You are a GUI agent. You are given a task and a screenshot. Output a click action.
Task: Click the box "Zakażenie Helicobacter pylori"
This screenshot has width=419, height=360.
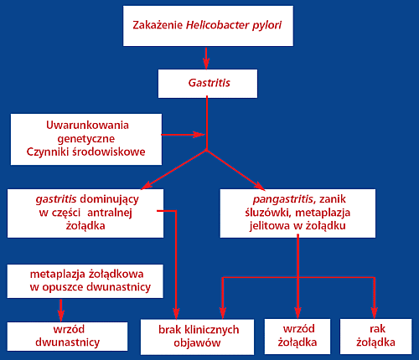click(x=208, y=26)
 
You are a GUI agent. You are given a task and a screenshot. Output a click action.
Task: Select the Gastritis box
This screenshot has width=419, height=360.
click(x=208, y=84)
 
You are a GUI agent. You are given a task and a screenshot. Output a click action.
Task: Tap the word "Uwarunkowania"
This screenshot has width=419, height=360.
click(x=87, y=126)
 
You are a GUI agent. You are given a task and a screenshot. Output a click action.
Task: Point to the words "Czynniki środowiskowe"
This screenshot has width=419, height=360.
click(x=85, y=152)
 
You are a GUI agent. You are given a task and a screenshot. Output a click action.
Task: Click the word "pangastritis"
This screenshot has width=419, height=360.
click(x=283, y=199)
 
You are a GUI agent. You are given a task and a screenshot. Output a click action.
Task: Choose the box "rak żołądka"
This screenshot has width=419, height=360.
click(x=375, y=337)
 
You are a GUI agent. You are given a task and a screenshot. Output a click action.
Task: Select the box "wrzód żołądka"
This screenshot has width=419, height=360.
click(x=297, y=337)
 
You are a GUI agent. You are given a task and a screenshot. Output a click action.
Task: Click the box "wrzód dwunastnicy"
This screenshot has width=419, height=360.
click(x=67, y=337)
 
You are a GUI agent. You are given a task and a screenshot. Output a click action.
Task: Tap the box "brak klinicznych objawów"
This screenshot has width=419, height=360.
click(x=197, y=337)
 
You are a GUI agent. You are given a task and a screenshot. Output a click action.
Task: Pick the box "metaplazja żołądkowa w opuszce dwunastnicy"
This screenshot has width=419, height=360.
click(x=85, y=281)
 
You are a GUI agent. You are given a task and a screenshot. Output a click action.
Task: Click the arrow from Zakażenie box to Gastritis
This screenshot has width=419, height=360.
click(x=206, y=59)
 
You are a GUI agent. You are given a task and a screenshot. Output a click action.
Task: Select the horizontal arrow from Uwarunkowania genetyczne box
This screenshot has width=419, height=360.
click(x=183, y=135)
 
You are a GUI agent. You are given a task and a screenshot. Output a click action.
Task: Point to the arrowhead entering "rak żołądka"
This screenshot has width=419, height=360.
click(x=374, y=312)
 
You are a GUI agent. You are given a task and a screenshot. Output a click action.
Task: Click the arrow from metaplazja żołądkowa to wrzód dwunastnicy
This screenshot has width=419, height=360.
click(x=60, y=311)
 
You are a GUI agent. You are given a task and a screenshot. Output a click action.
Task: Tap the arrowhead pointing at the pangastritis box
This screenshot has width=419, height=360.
click(x=260, y=186)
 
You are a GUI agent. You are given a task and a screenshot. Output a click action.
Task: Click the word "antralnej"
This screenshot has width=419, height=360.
click(x=110, y=213)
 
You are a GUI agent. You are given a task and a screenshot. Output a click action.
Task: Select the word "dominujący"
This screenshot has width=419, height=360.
click(x=109, y=200)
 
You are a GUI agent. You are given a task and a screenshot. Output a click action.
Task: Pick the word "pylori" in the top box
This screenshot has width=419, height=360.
click(x=267, y=25)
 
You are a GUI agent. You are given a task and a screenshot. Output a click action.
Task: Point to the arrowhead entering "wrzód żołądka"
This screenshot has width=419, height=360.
click(x=297, y=312)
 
